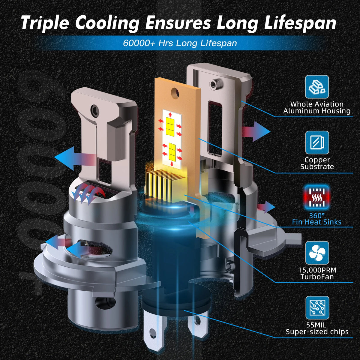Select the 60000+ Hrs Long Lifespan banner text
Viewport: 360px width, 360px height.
coord(180,43)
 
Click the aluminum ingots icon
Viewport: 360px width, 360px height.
coord(317,87)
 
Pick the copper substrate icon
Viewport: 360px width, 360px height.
coord(317,142)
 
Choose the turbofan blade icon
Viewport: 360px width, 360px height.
coord(317,253)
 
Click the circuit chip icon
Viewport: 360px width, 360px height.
coord(317,307)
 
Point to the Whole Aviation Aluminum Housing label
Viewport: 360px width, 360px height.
coord(317,107)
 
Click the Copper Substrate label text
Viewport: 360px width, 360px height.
coord(317,163)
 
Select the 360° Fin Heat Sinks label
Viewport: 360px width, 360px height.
coord(317,219)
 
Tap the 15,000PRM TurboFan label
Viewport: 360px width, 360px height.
coord(317,273)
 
